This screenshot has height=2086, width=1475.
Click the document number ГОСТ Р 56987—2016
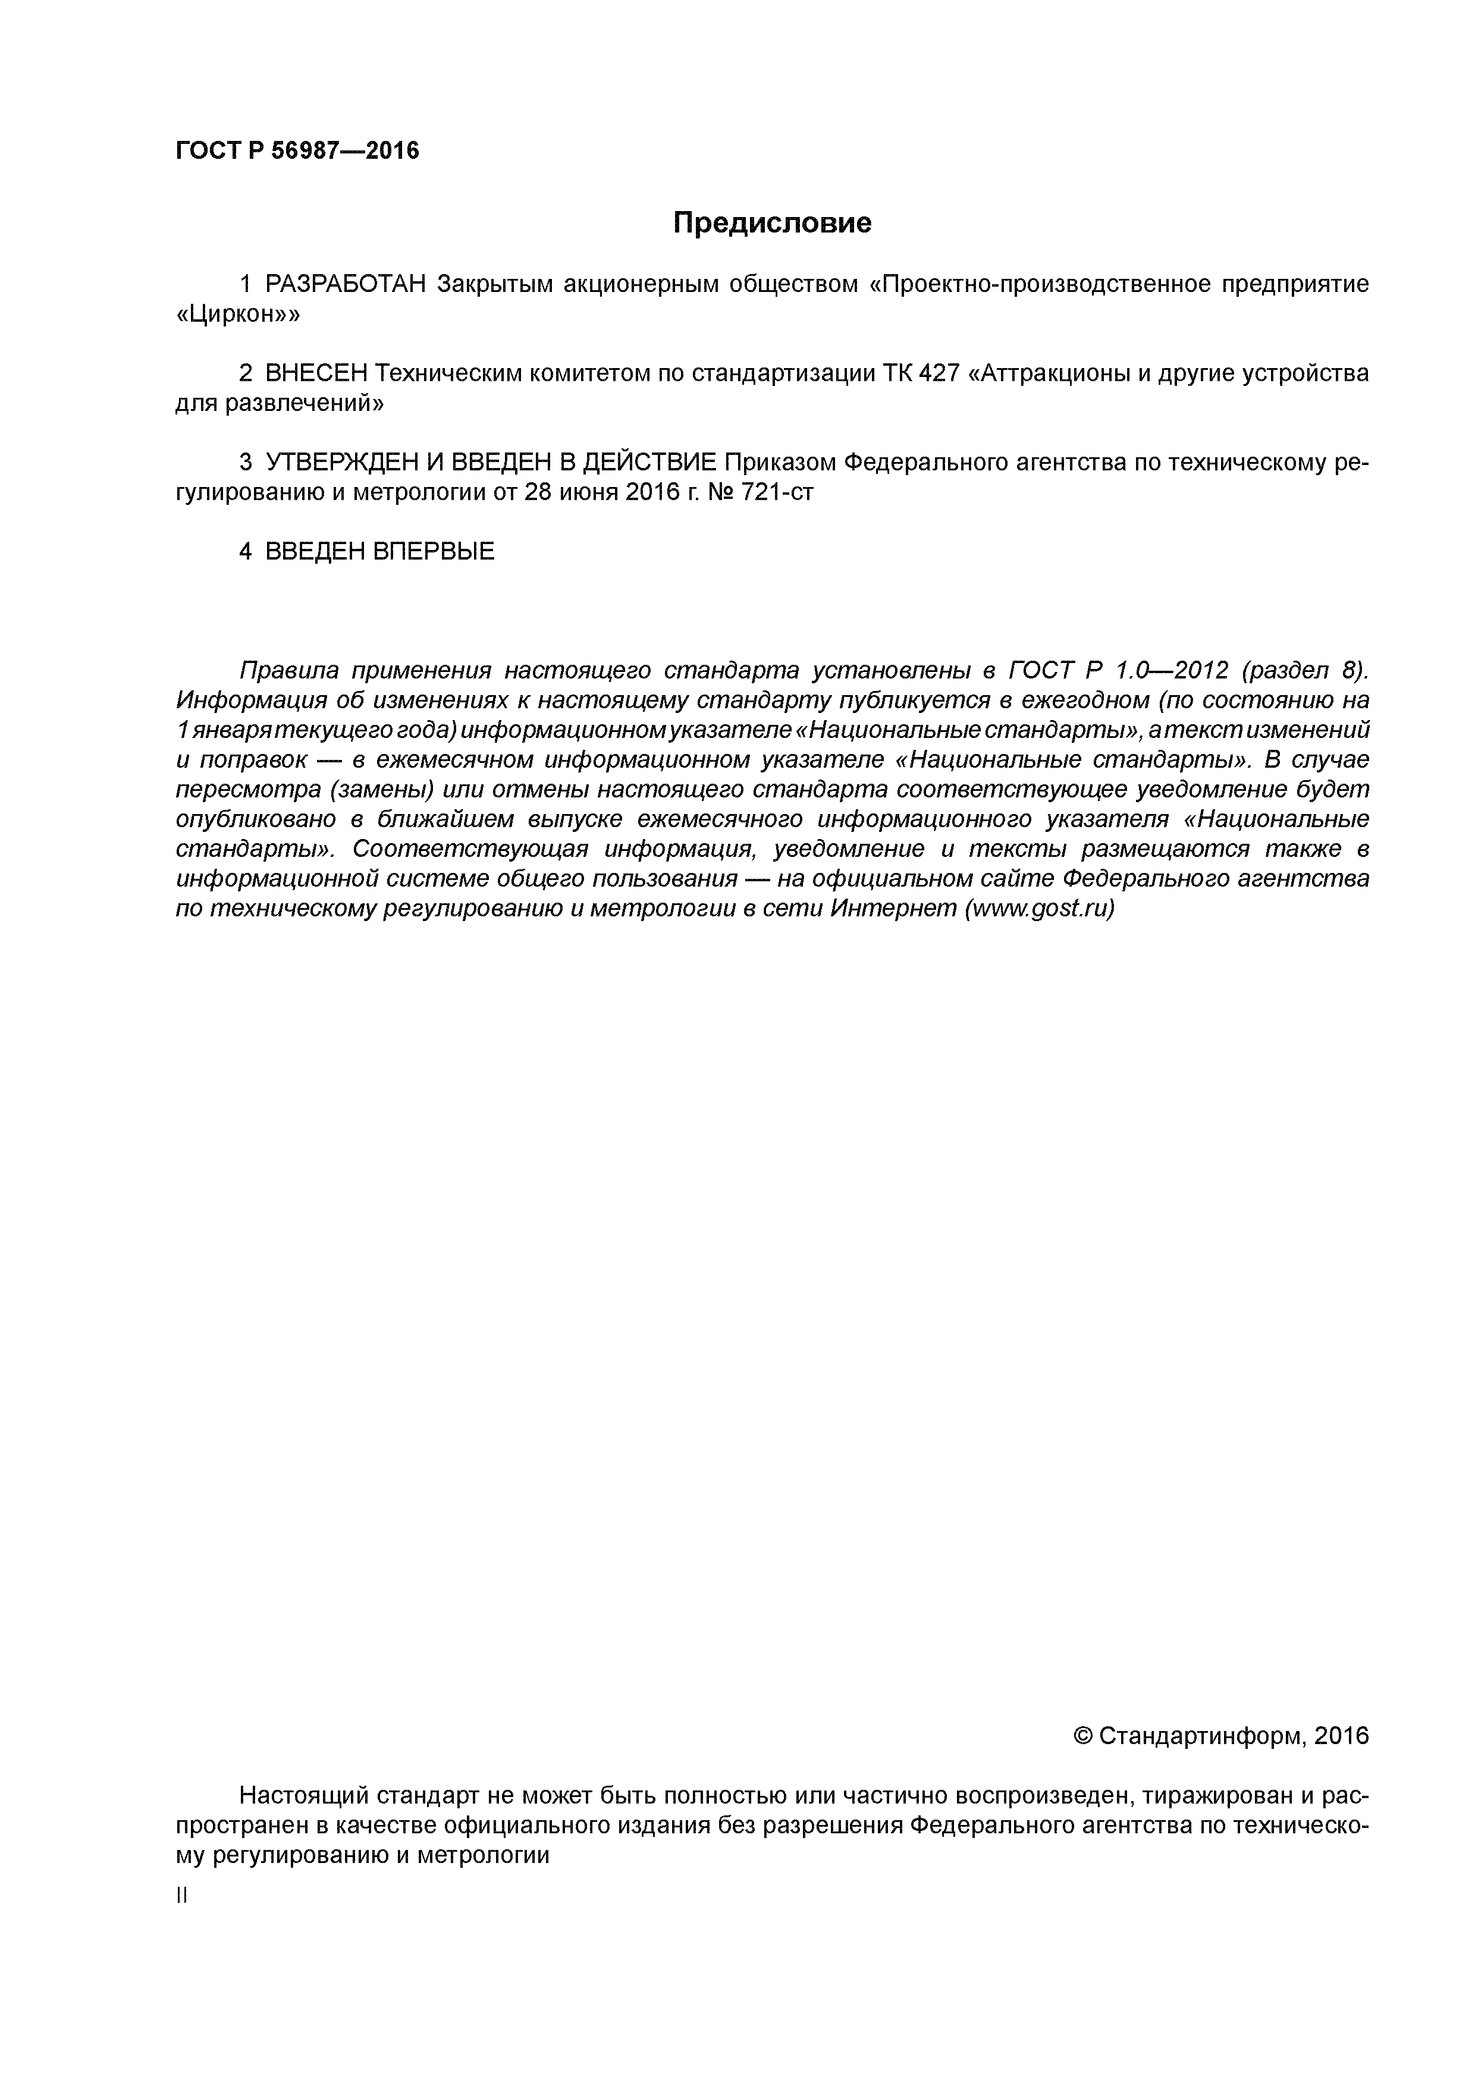[x=297, y=151]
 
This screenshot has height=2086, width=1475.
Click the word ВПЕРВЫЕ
[x=434, y=551]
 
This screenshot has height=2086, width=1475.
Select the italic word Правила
[x=289, y=671]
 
